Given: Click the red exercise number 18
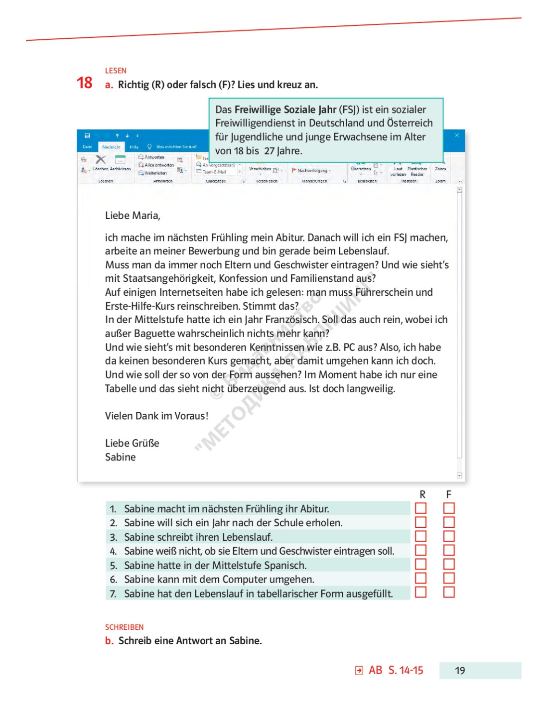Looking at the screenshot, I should point(85,83).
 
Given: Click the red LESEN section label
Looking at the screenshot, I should point(116,71).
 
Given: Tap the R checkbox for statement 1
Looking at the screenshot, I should point(421,508).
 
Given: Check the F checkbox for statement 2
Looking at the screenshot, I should point(449,522).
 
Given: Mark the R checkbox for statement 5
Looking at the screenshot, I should point(421,564).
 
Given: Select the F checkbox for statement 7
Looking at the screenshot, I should point(449,592).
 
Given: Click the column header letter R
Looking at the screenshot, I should point(422,494).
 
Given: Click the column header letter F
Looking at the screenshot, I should point(449,494).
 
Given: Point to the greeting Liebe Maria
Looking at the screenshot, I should point(133,216).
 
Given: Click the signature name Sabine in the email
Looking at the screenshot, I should point(120,457).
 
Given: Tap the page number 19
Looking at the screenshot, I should point(460,671).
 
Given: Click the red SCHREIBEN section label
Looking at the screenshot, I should point(124,627).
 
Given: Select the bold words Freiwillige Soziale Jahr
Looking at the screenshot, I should point(285,110).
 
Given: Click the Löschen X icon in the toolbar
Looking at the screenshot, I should point(101,159).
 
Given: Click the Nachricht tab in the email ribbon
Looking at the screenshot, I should point(111,147).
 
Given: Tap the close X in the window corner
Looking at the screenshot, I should point(457,135).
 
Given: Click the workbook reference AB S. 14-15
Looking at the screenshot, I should point(396,671).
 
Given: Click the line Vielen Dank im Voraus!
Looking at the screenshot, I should point(156,416).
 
